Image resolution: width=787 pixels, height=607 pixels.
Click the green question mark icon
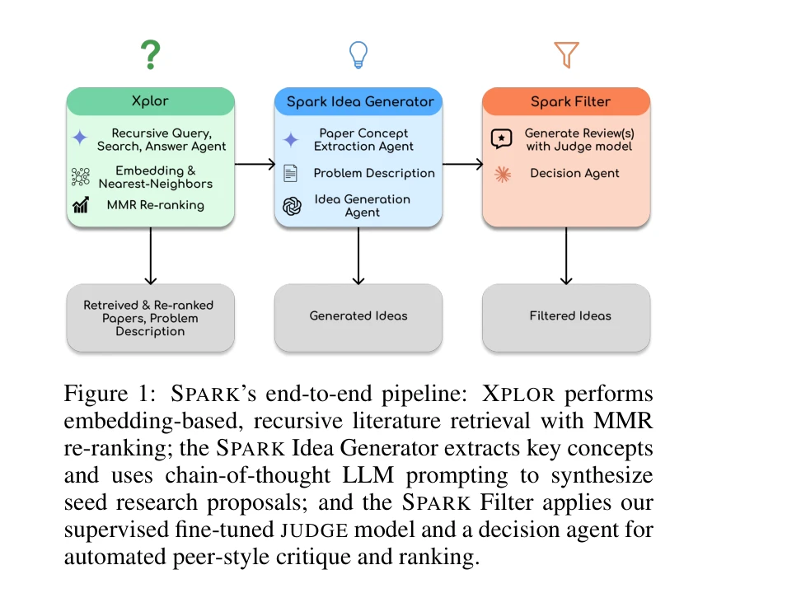tap(149, 55)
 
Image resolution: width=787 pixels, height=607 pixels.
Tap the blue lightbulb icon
tap(358, 55)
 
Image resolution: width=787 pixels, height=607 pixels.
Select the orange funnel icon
tap(566, 55)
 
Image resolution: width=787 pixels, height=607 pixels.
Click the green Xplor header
tap(150, 101)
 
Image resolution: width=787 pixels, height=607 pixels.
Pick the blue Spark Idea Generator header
tap(358, 102)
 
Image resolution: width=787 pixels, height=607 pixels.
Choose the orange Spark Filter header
tap(566, 102)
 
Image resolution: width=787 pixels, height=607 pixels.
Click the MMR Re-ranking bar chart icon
tap(81, 205)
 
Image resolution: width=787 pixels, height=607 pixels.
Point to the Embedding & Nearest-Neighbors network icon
tap(81, 177)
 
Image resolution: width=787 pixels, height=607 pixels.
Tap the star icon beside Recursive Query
tap(80, 138)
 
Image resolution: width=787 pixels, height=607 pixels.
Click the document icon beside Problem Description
tap(290, 173)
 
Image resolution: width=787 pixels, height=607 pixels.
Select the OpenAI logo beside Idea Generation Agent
tap(291, 206)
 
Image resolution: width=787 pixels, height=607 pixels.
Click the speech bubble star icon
tap(501, 138)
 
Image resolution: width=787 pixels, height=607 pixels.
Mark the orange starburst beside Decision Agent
tap(501, 174)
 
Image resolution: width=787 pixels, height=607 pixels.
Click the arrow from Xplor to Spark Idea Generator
tap(255, 164)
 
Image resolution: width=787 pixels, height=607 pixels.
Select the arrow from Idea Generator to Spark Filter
tap(462, 164)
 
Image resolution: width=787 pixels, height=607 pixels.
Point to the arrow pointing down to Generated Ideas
tap(358, 255)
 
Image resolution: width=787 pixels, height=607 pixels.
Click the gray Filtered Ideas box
tap(566, 315)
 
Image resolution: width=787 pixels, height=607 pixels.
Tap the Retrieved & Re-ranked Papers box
tap(150, 317)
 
